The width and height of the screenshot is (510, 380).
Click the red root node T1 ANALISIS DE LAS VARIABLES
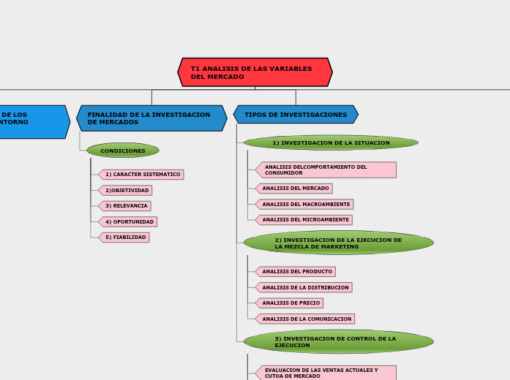(255, 72)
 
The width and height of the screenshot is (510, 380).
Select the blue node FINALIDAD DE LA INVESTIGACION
(151, 118)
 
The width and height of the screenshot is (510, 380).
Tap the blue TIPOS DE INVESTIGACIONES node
(296, 115)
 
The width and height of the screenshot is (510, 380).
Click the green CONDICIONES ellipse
(123, 151)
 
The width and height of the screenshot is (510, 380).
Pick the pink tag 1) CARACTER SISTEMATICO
(142, 175)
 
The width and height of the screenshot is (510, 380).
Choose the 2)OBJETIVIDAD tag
(126, 190)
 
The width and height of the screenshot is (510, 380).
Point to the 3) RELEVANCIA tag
(125, 206)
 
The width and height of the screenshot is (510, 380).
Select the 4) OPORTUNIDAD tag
(129, 221)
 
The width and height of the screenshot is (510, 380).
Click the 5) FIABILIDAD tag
(124, 237)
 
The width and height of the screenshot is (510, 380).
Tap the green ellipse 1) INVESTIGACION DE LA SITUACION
(331, 142)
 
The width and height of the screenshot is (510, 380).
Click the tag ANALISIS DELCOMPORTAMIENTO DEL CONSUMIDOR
(326, 170)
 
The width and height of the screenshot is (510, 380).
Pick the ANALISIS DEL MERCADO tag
(294, 189)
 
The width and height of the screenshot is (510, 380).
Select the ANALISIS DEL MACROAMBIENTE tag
(305, 204)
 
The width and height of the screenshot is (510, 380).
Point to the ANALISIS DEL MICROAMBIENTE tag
(304, 220)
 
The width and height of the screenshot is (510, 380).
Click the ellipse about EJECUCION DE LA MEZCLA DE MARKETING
(338, 243)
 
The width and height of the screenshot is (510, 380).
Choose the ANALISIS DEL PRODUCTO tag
(296, 272)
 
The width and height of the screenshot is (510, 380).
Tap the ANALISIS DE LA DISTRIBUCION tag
(304, 287)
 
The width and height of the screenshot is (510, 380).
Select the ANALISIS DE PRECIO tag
(290, 303)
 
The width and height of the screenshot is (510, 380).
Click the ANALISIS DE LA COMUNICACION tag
(306, 319)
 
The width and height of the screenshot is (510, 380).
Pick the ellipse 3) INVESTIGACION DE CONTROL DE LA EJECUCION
(338, 341)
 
